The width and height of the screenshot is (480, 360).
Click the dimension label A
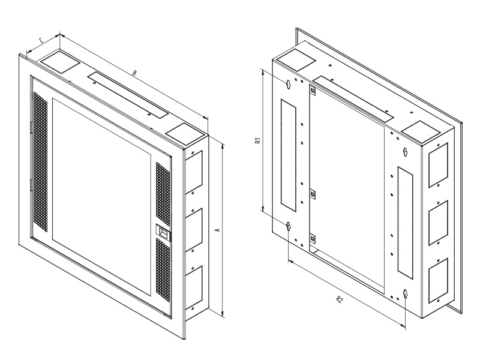coord(218,230)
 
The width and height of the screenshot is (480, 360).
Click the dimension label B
coord(134,73)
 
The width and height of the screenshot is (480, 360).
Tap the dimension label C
coord(42,40)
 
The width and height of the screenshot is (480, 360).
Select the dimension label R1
coord(259,140)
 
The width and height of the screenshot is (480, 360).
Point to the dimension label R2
coord(339,299)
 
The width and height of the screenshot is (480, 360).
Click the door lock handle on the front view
coord(163,232)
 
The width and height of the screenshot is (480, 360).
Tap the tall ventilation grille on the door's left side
coord(41,161)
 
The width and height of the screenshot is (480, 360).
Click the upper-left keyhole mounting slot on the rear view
coord(288,84)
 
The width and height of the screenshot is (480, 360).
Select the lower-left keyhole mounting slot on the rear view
coord(288,227)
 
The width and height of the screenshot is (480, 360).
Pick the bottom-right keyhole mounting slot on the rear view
coord(406,294)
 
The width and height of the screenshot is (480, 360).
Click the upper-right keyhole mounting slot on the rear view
coord(406,152)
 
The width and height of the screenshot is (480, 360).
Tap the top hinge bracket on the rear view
coord(312,91)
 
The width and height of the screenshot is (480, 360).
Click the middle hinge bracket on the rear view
coord(313,194)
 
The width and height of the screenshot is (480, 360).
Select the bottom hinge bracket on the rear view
coord(313,238)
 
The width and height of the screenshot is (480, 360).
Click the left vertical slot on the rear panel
coord(289,155)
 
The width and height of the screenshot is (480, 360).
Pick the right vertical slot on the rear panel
coord(405,223)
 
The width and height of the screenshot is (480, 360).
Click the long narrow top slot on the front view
coord(128,95)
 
